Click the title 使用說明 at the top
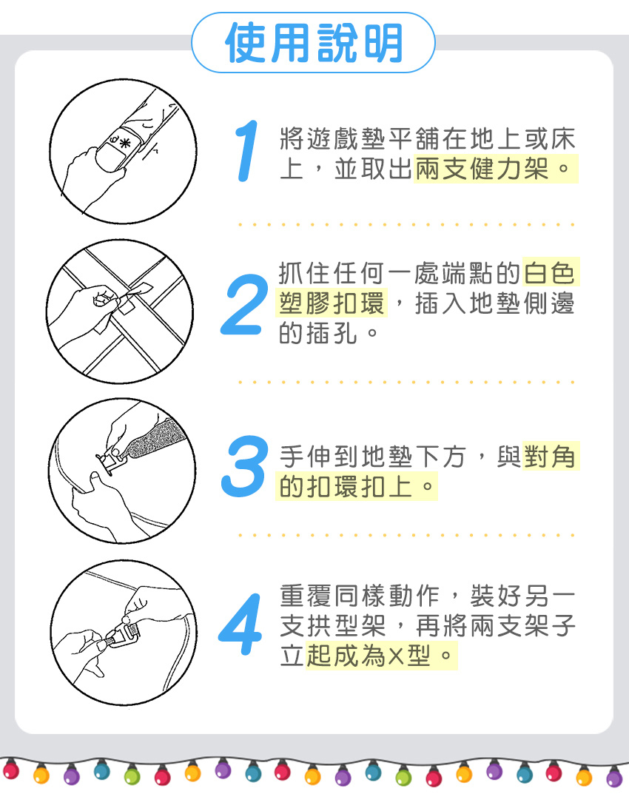[314, 43]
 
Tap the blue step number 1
[247, 151]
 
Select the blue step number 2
[244, 304]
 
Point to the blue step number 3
[245, 466]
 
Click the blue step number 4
[241, 624]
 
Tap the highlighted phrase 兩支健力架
[482, 169]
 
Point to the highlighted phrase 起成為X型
[369, 656]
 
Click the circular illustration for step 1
[123, 152]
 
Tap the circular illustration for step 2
[120, 312]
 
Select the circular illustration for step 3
[122, 471]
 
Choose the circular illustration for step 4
[124, 632]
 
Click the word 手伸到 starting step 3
[320, 457]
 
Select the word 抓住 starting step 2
[304, 273]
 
